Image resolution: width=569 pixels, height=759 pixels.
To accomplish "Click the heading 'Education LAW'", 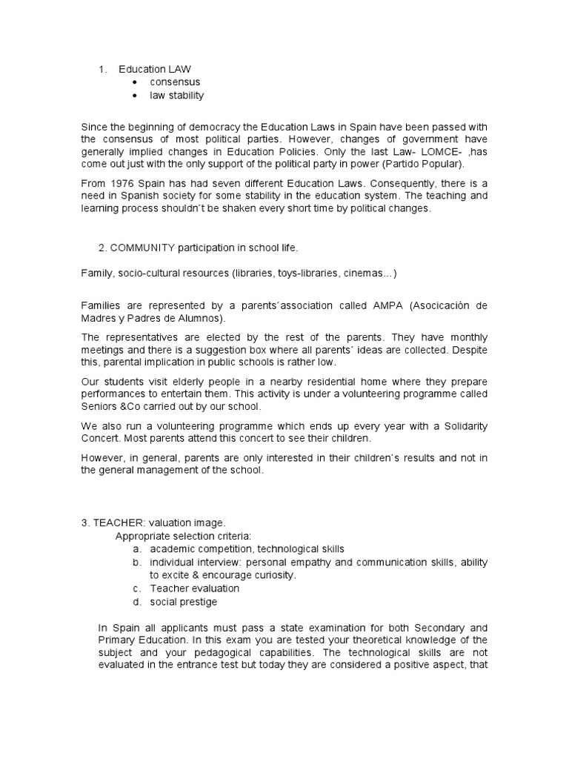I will (155, 69).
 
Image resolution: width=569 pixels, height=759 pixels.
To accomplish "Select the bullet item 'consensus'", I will (175, 82).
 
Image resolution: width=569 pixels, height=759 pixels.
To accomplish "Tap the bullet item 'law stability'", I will (177, 96).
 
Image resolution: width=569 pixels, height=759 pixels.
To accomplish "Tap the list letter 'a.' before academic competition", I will (137, 549).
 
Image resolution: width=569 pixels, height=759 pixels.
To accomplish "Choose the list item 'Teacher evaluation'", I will (195, 589).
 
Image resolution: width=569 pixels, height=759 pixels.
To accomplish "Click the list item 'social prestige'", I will (184, 602).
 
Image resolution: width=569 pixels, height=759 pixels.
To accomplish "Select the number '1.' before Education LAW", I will (103, 69).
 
